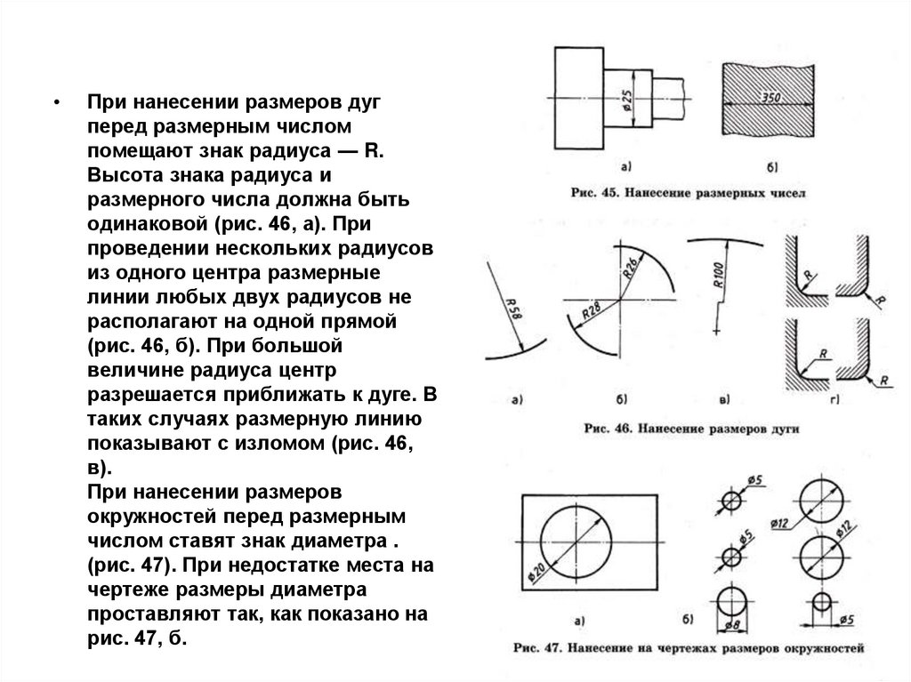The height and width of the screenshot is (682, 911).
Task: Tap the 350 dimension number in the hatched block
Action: pyautogui.click(x=770, y=96)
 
